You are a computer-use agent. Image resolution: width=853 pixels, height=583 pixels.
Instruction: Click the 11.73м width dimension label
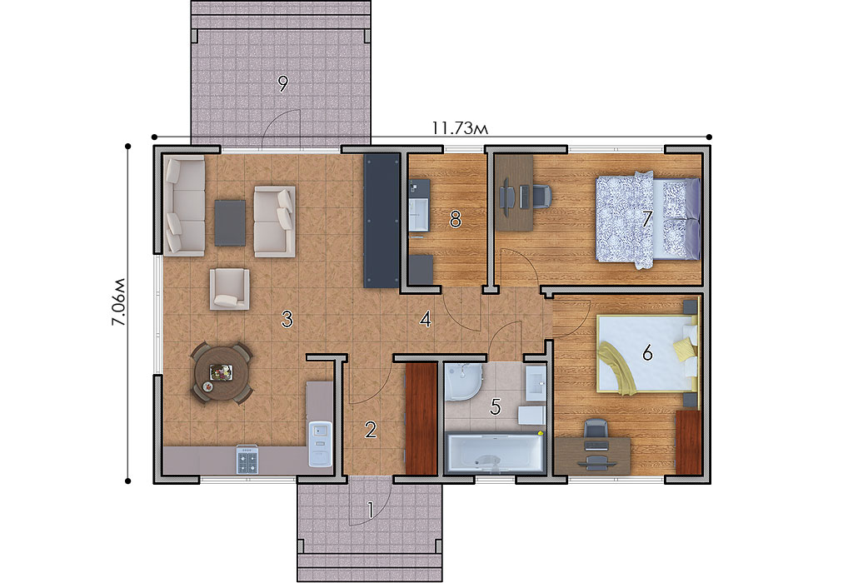[x=460, y=127]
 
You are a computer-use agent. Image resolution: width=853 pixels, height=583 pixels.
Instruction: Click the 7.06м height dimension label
[x=118, y=301]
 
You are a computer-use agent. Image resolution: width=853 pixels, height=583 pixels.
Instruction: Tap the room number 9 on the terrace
[x=282, y=84]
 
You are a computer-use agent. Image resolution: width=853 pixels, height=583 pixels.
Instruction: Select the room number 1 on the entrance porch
[x=371, y=510]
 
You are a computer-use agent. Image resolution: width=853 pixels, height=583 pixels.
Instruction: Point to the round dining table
[x=220, y=373]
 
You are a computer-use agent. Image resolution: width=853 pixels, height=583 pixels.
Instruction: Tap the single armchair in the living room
[x=230, y=288]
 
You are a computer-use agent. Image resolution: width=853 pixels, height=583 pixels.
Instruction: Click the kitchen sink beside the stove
[x=321, y=443]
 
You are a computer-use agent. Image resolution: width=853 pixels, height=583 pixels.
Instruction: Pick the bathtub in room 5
[x=495, y=453]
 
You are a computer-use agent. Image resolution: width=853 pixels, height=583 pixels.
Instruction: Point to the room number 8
[x=456, y=219]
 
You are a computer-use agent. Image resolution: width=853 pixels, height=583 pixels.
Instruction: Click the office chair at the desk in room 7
[x=541, y=196]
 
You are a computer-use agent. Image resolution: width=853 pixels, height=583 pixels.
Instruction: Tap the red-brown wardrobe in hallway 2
[x=422, y=418]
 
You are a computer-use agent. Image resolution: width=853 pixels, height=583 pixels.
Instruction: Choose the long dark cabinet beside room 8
[x=382, y=220]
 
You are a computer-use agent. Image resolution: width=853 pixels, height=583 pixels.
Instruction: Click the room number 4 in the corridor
[x=426, y=319]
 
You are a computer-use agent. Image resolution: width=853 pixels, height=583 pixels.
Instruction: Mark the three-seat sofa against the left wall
[x=185, y=206]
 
